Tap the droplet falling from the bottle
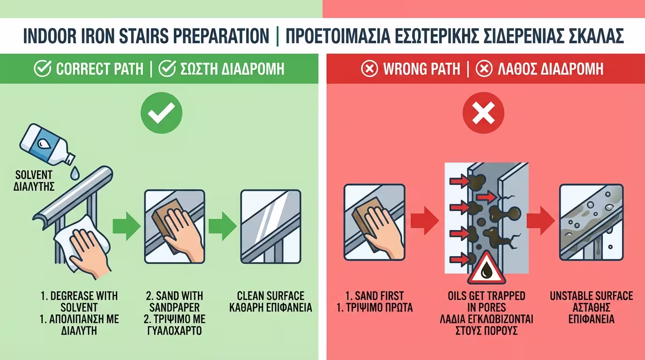pyautogui.click(x=75, y=173)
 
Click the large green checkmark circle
pyautogui.click(x=161, y=112)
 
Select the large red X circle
pyautogui.click(x=483, y=112)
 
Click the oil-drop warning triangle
pyautogui.click(x=487, y=269)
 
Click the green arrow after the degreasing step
pyautogui.click(x=126, y=226)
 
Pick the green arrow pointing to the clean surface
pyautogui.click(x=222, y=226)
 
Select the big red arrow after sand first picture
pyautogui.click(x=425, y=221)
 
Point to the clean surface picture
pyautogui.click(x=270, y=227)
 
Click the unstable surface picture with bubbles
pyautogui.click(x=592, y=222)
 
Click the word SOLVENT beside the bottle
pyautogui.click(x=34, y=175)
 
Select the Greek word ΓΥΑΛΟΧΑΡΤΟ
pyautogui.click(x=174, y=330)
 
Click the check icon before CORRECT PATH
pyautogui.click(x=43, y=68)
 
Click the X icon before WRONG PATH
pyautogui.click(x=369, y=69)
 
